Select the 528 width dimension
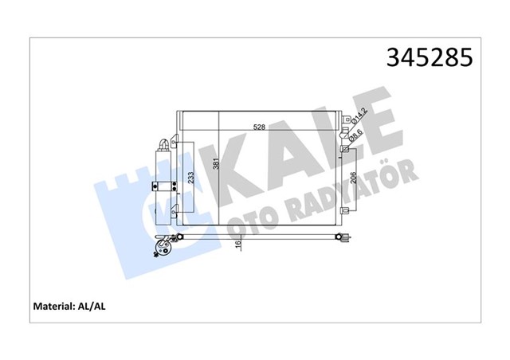click(x=260, y=127)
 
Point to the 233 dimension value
click(x=190, y=179)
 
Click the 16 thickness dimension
click(x=237, y=248)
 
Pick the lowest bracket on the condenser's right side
click(x=344, y=211)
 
